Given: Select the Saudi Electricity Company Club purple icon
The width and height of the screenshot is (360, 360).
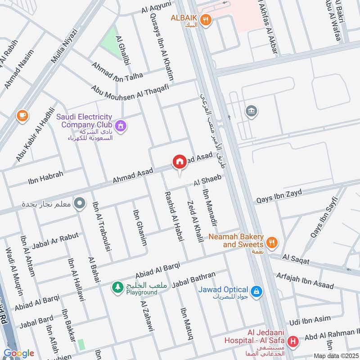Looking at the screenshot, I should tap(120, 126).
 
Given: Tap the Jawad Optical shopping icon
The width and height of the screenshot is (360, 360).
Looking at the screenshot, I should tap(256, 292).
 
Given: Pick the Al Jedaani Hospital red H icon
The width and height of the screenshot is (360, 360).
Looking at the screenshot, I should tap(293, 342).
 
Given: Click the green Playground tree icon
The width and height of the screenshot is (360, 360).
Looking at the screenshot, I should tap(117, 287).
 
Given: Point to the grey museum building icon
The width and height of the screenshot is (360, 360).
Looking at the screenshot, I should tap(250, 111).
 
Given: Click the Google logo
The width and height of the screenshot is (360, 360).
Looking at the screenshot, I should tap(18, 353).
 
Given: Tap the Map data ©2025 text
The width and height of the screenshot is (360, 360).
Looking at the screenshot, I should tap(336, 355).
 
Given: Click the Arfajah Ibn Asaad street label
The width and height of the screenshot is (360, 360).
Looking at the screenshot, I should tap(305, 280).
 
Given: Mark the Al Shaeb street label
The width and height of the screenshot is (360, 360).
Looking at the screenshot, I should tap(207, 180).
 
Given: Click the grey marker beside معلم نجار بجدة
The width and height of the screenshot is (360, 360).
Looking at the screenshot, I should tap(80, 203).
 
